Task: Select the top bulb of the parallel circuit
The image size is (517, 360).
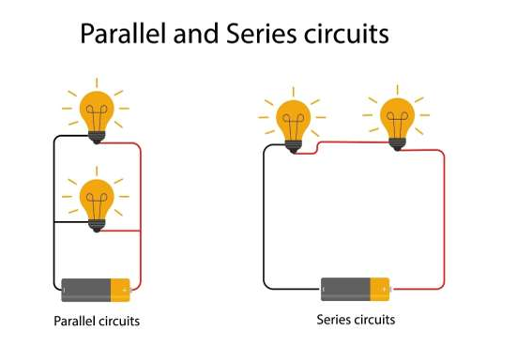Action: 96,110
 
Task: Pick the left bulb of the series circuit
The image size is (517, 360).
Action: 293,119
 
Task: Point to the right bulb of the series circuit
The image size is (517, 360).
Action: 397,114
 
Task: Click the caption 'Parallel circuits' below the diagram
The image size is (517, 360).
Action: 97,322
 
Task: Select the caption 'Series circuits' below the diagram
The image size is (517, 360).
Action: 356,320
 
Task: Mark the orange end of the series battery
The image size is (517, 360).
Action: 379,288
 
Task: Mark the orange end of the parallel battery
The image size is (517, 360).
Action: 121,289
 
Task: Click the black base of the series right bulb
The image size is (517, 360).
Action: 397,142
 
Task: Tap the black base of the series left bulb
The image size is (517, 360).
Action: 293,147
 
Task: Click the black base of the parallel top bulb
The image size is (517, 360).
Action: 96,136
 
